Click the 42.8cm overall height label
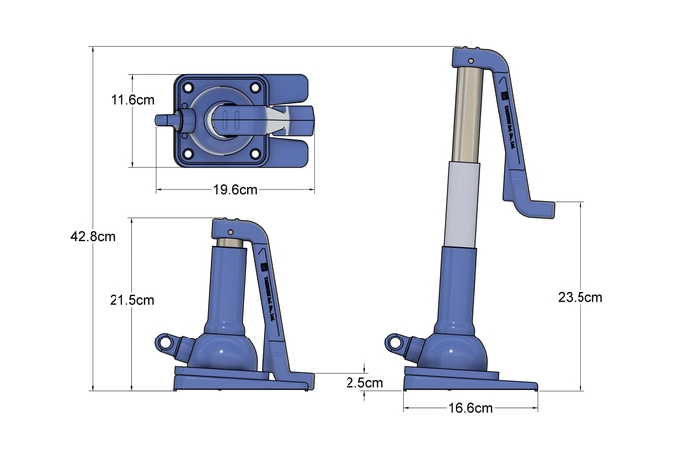(93, 236)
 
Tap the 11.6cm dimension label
(132, 100)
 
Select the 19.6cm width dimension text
(235, 190)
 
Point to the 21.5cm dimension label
(132, 300)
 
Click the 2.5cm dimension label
(364, 383)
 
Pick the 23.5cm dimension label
(581, 297)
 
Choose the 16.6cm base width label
(470, 408)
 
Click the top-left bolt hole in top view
(188, 87)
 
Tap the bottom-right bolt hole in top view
(255, 154)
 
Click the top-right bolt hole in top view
(255, 87)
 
